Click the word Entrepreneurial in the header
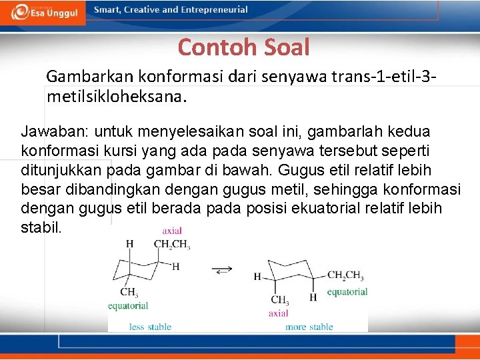[x=213, y=10]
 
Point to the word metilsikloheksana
[x=117, y=97]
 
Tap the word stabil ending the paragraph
[x=41, y=227]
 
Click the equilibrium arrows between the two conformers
[x=223, y=269]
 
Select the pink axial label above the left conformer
[x=172, y=231]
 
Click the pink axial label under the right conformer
[x=278, y=313]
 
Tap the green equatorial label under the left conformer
[x=128, y=306]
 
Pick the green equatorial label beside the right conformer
[x=347, y=291]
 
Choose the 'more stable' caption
[x=309, y=327]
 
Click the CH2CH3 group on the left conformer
[x=172, y=245]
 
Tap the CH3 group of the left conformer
[x=129, y=292]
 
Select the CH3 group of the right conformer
[x=280, y=300]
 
